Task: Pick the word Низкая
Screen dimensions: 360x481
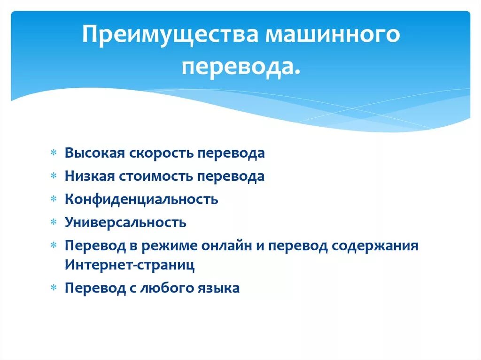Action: click(92, 176)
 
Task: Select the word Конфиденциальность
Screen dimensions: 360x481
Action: click(141, 199)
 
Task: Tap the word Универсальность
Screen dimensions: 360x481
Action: click(125, 222)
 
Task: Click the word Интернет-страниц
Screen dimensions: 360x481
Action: click(130, 265)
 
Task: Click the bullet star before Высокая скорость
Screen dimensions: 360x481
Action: click(54, 153)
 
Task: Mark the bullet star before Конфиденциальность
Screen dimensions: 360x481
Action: click(54, 199)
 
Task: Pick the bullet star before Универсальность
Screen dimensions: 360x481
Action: click(54, 222)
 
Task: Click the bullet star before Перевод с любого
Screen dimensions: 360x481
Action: click(54, 288)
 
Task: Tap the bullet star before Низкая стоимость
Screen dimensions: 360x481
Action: click(54, 176)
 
